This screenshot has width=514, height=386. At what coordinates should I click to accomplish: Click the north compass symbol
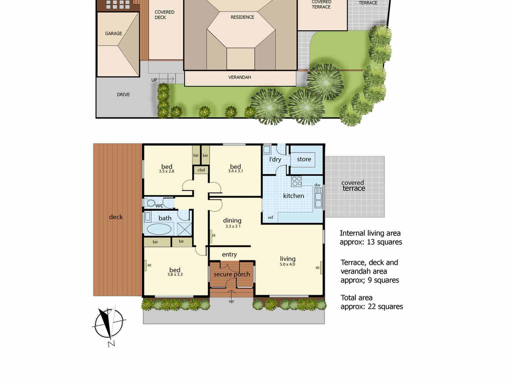[109, 324]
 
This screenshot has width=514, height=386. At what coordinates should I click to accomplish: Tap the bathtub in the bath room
[159, 229]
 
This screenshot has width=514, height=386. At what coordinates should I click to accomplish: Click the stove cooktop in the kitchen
[297, 181]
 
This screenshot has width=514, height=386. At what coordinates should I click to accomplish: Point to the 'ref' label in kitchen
[270, 217]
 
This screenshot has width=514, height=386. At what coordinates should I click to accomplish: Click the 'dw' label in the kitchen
[317, 185]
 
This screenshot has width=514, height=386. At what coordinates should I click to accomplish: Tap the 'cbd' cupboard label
[201, 170]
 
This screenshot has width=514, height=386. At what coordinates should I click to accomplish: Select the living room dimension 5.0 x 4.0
[287, 264]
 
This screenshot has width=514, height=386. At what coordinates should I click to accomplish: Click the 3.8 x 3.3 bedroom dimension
[175, 275]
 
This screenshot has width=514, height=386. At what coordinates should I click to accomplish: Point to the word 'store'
[304, 159]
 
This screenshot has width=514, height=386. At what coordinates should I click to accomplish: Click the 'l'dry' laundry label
[275, 160]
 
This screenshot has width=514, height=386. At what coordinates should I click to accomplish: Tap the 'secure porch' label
[232, 274]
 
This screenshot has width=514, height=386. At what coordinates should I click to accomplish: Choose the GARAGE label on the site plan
[113, 33]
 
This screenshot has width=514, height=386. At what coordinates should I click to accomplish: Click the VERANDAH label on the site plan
[240, 77]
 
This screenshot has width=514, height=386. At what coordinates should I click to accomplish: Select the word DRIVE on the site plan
[123, 95]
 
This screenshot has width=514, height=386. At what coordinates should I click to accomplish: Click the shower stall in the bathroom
[185, 229]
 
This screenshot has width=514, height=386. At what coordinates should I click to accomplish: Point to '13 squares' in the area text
[384, 242]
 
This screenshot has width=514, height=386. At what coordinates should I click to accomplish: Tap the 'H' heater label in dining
[214, 235]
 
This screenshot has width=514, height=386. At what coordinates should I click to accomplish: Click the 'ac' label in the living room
[318, 268]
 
